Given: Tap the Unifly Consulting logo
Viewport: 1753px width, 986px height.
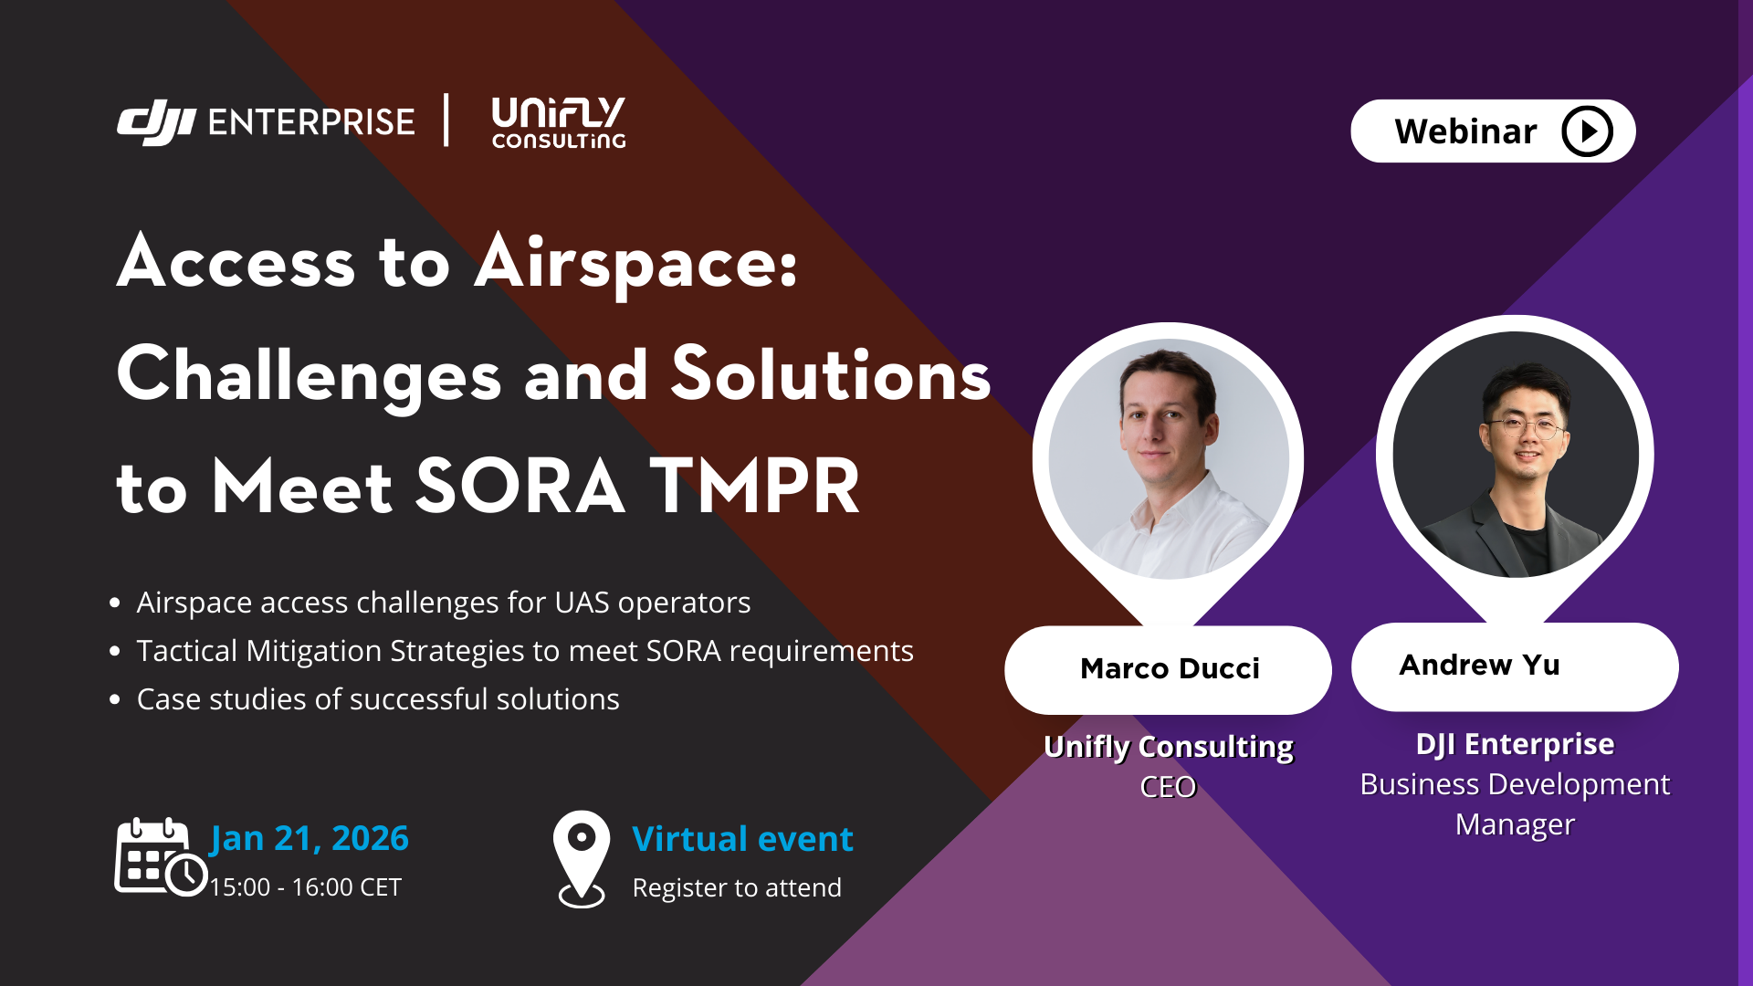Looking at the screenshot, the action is pyautogui.click(x=559, y=122).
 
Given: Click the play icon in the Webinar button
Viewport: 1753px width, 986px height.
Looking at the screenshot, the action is pyautogui.click(x=1587, y=131).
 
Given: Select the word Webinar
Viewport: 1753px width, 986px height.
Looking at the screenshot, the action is pyautogui.click(x=1465, y=131).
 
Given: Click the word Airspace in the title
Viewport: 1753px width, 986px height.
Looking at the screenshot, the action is pyautogui.click(x=636, y=264).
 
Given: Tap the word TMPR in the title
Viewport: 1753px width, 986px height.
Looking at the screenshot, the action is pyautogui.click(x=754, y=487).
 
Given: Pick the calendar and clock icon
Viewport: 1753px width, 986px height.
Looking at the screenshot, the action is pyautogui.click(x=161, y=857).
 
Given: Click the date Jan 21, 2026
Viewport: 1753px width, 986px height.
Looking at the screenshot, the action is pyautogui.click(x=310, y=838).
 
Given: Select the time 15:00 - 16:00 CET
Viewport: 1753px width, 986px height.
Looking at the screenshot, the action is pyautogui.click(x=305, y=887).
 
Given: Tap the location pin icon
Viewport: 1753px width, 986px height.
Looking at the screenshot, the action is pyautogui.click(x=582, y=859).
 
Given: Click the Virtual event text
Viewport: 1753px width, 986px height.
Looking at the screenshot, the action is pyautogui.click(x=742, y=838).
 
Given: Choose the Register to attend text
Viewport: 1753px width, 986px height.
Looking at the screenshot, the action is pyautogui.click(x=737, y=887).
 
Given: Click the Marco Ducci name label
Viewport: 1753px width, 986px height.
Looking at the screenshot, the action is pyautogui.click(x=1170, y=668).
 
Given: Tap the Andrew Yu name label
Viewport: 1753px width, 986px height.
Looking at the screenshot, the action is pyautogui.click(x=1479, y=665).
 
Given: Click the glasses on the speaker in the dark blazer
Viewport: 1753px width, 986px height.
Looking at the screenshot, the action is pyautogui.click(x=1525, y=426).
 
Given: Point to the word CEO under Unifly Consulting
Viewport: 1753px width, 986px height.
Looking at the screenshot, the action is pyautogui.click(x=1168, y=787).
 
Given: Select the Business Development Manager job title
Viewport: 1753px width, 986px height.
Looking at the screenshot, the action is pyautogui.click(x=1515, y=804).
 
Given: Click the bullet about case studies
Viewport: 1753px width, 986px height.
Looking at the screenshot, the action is pyautogui.click(x=378, y=699).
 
